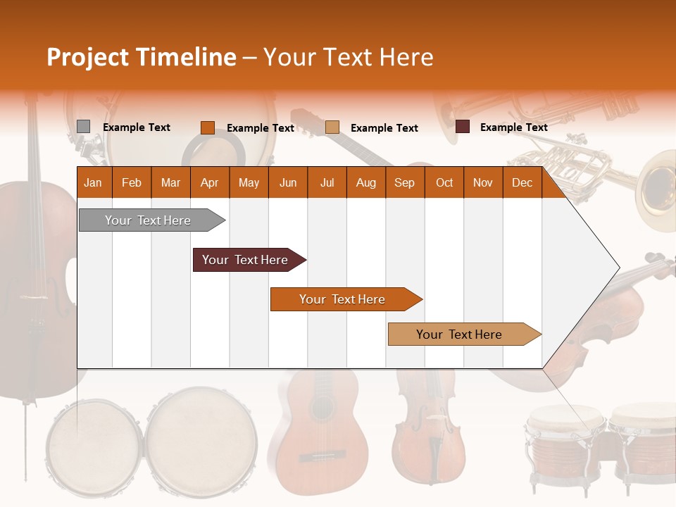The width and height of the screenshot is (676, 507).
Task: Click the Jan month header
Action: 93,182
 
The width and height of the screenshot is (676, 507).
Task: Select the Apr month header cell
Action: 209,182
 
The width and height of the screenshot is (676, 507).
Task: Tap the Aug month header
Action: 365,182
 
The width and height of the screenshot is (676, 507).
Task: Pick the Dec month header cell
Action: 522,182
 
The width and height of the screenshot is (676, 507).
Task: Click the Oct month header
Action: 444,182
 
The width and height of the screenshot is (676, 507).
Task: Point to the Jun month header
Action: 287,182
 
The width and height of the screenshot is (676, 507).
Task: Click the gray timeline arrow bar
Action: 148,220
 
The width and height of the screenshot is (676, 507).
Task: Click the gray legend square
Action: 83,127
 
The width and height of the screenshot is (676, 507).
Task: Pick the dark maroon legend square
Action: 463,127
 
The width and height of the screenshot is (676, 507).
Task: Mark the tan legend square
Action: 332,127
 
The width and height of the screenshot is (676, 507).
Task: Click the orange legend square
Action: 207,127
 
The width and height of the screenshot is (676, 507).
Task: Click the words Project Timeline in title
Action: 141,57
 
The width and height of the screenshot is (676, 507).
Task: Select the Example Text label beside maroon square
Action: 513,127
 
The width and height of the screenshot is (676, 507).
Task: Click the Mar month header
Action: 170,182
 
